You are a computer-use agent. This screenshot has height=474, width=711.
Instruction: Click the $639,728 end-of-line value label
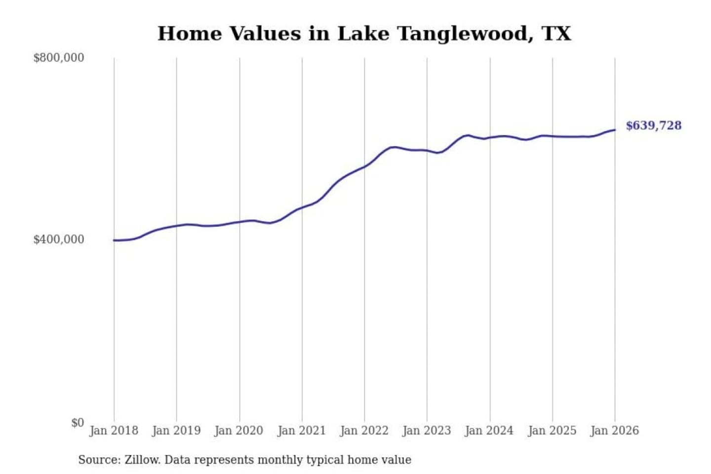point(653,125)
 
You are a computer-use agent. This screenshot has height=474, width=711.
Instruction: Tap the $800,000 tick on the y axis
point(59,58)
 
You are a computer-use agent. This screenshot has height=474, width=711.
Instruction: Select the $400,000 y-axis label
point(59,239)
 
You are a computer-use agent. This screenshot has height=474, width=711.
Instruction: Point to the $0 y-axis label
point(78,423)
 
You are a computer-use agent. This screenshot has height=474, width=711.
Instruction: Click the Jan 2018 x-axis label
point(114,431)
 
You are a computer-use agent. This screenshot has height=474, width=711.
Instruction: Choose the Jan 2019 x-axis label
point(176,431)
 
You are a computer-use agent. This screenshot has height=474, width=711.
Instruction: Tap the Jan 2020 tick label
point(239,431)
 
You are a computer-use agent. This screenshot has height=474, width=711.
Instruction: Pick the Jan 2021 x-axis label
point(302,431)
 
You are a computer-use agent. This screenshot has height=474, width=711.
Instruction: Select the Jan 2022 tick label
point(364,431)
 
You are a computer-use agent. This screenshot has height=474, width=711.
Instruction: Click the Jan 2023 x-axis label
point(427,431)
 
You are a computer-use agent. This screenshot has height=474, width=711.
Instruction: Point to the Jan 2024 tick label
point(489,431)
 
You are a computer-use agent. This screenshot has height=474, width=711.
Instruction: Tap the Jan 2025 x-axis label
point(552,431)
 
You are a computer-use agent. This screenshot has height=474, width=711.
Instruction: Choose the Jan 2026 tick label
point(615,431)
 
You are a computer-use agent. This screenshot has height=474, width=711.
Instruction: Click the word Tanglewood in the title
point(466,34)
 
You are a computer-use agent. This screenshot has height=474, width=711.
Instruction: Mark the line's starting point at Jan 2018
point(114,240)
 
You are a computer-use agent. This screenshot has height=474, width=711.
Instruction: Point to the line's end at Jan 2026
point(615,130)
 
